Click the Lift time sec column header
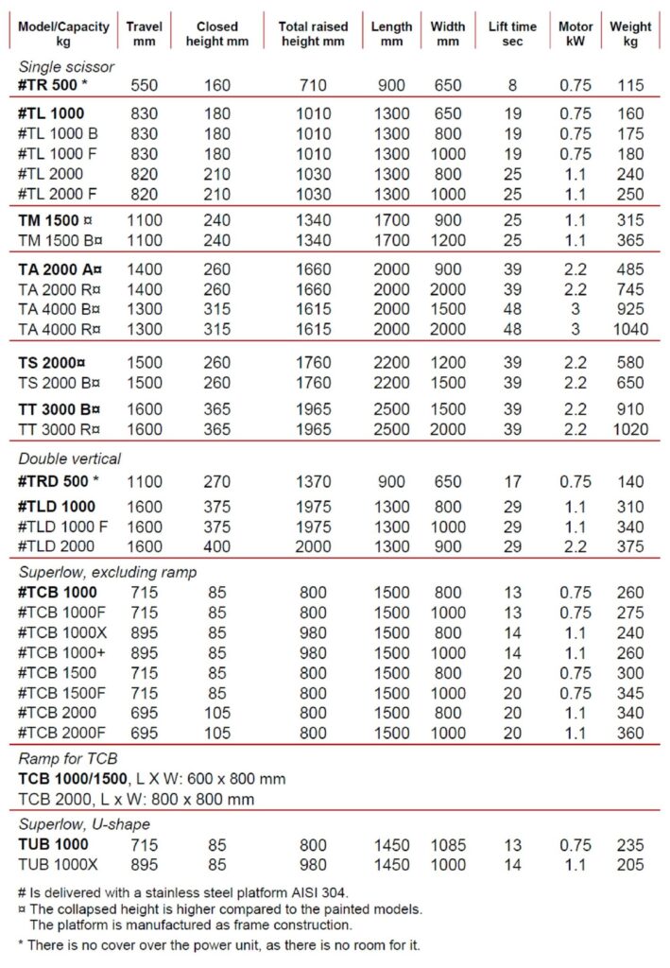click(512, 34)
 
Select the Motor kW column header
click(576, 34)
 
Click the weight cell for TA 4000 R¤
click(629, 329)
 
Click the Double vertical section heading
click(69, 459)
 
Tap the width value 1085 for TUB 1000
click(448, 844)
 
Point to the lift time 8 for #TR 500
click(512, 85)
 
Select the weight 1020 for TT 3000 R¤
click(629, 429)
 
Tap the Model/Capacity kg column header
click(63, 34)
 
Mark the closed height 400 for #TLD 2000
click(216, 546)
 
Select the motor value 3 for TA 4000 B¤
click(576, 309)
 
